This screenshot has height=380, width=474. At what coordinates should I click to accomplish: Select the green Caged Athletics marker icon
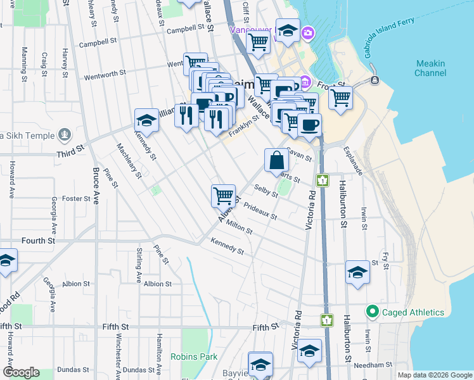(372, 312)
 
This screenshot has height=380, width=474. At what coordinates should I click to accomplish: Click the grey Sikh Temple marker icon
(64, 134)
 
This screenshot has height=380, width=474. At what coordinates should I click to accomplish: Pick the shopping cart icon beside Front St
(340, 98)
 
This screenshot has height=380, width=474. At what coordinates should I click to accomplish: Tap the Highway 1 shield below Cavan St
(323, 180)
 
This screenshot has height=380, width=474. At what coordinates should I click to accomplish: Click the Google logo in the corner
(21, 372)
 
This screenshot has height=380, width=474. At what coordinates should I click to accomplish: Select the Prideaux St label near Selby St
(260, 212)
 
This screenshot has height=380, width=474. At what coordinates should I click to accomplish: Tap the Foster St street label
(76, 198)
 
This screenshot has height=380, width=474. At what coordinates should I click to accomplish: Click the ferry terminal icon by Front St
(375, 80)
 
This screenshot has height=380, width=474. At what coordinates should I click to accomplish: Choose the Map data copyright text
(435, 375)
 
